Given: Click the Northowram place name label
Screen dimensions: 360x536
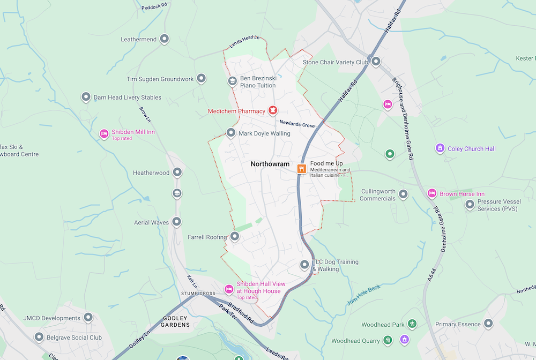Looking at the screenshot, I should pyautogui.click(x=270, y=164).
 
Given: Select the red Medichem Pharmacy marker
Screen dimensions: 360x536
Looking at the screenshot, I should pyautogui.click(x=272, y=110).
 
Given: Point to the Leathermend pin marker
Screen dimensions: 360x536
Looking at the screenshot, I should pyautogui.click(x=165, y=39).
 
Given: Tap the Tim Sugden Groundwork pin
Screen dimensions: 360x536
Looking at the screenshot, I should pyautogui.click(x=201, y=79).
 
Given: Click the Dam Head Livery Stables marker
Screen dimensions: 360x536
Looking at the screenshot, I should pyautogui.click(x=86, y=97).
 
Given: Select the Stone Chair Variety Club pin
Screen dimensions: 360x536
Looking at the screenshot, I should pyautogui.click(x=376, y=62).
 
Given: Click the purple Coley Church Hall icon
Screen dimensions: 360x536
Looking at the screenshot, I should pyautogui.click(x=440, y=148).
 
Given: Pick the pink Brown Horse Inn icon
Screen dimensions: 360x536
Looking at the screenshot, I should pyautogui.click(x=431, y=193).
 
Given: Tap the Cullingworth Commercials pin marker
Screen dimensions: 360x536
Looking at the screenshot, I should pyautogui.click(x=403, y=194).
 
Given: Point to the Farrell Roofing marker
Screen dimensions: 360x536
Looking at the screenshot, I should pyautogui.click(x=234, y=236).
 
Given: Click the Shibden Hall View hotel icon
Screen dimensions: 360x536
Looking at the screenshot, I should pyautogui.click(x=228, y=289).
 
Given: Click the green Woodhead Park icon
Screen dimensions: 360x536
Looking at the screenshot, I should pyautogui.click(x=412, y=324).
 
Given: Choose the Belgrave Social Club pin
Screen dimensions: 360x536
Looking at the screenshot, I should pyautogui.click(x=39, y=337).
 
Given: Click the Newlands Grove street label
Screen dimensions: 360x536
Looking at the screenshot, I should pyautogui.click(x=297, y=124).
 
